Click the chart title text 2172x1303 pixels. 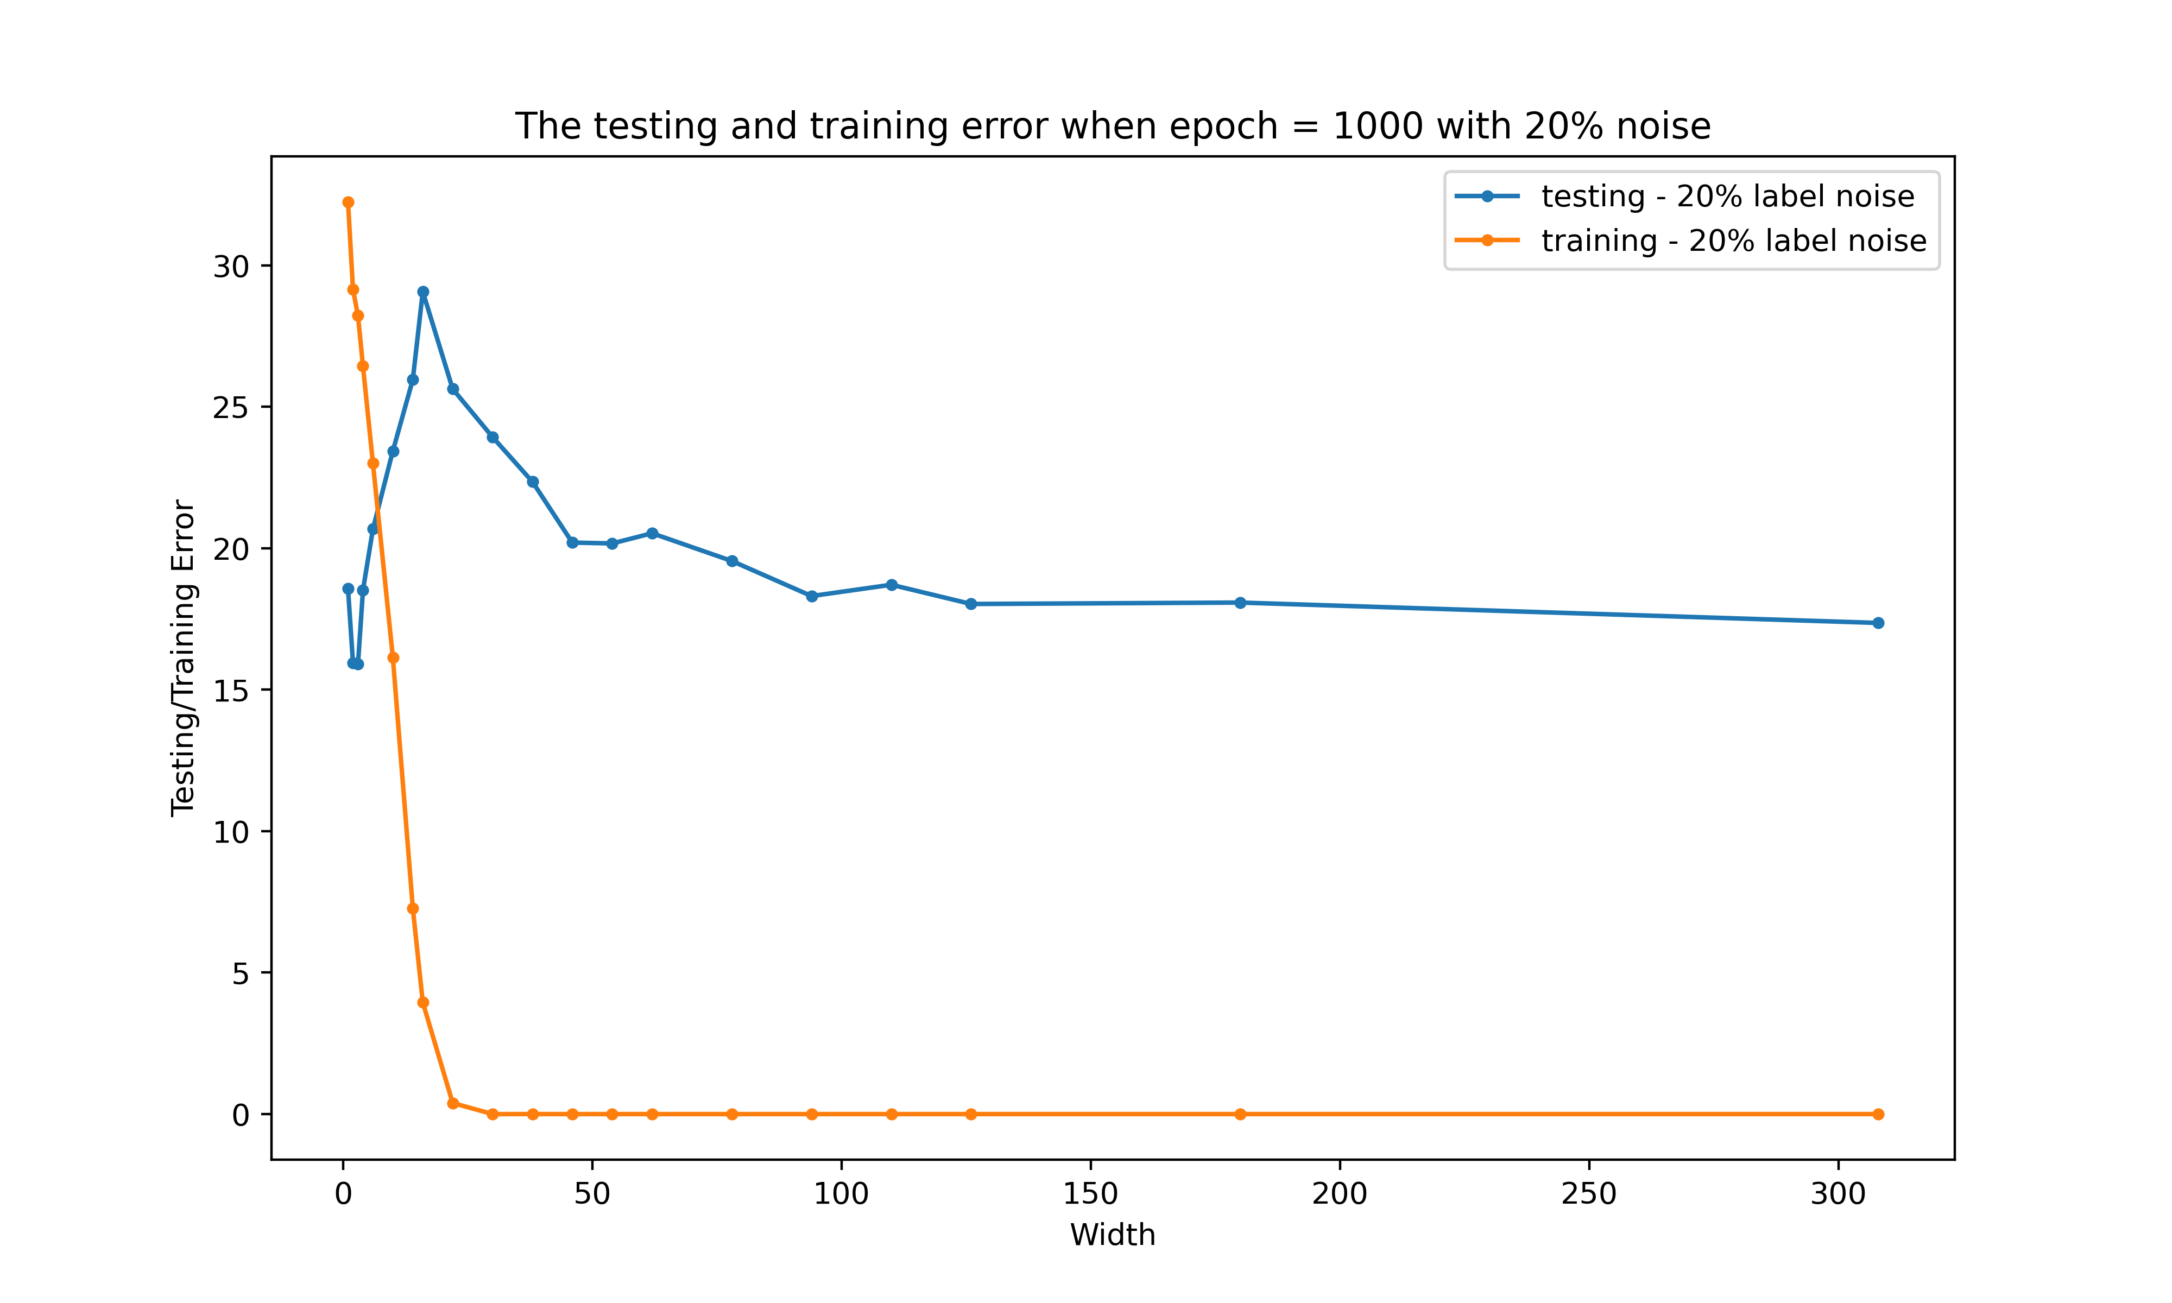click(1112, 126)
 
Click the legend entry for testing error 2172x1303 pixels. click(1727, 197)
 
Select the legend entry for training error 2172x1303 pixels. click(1733, 241)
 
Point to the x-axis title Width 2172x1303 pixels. click(1112, 1235)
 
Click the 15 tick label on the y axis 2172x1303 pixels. click(231, 690)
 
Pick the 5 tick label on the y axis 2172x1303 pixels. click(239, 973)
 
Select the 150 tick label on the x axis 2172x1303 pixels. click(1090, 1194)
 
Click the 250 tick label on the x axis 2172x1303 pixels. click(1589, 1194)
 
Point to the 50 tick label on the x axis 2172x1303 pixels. click(592, 1194)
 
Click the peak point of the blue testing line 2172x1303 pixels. click(423, 292)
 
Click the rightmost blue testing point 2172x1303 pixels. click(1878, 623)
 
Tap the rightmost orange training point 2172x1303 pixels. click(1878, 1114)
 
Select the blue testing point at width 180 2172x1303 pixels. click(1240, 602)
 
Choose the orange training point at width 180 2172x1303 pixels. click(1240, 1114)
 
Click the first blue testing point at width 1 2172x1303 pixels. click(349, 589)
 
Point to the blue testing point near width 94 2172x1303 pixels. click(811, 596)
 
